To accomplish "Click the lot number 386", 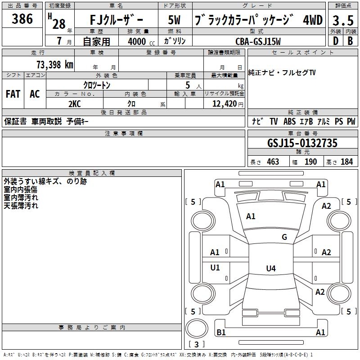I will (x=22, y=19).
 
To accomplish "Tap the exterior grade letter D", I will (x=335, y=41).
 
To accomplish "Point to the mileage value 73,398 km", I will (x=54, y=65).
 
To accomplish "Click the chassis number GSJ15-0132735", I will (x=302, y=143).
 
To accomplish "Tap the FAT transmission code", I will (x=13, y=94).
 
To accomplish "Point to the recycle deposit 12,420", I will (x=224, y=103).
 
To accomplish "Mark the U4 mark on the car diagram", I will (x=270, y=269).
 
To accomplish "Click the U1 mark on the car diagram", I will (x=215, y=268).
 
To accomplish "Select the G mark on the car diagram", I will (x=284, y=237).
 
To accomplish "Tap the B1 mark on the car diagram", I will (x=221, y=333).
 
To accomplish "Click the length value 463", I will (x=273, y=162).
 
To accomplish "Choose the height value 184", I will (x=346, y=162).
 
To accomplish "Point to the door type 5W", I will (x=175, y=21).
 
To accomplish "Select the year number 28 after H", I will (x=59, y=23).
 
